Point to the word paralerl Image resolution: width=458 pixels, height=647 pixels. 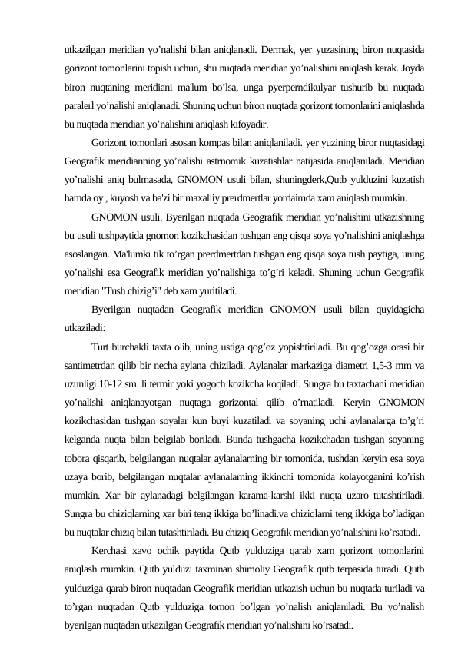pyautogui.click(x=81, y=104)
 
